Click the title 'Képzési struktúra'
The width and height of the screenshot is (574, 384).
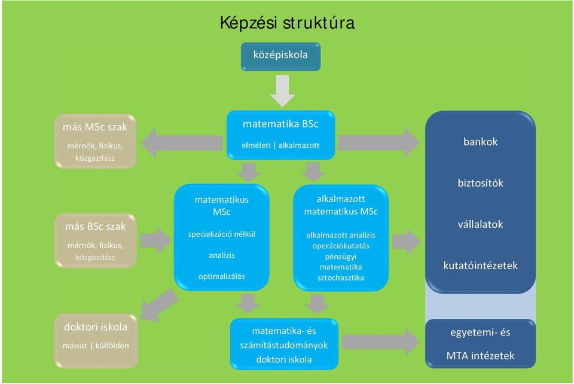(288, 23)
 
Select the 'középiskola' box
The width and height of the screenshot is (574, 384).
(281, 56)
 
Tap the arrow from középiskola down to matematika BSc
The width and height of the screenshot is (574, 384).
(282, 91)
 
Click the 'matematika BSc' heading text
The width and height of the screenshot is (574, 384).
(280, 124)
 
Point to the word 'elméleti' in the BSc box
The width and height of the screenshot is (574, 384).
(256, 145)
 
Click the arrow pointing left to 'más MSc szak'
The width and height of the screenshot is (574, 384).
(182, 143)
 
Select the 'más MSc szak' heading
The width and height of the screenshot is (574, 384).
(95, 127)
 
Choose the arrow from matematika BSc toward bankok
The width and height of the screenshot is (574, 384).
(378, 142)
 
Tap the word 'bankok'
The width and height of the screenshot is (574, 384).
(480, 142)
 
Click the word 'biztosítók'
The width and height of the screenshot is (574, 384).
(480, 183)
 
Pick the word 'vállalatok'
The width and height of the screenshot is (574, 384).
(480, 224)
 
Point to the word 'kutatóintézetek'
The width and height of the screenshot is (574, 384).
(480, 266)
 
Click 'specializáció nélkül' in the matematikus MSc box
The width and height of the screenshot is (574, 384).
(222, 234)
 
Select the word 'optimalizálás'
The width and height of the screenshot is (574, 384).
(222, 276)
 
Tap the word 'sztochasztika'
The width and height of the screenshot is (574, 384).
(341, 278)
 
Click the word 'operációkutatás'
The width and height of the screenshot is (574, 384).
(341, 246)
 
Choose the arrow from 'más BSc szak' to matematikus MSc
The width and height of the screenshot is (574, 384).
(155, 240)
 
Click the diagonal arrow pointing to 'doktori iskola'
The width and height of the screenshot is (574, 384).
(160, 304)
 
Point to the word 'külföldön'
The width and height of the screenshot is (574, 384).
(112, 346)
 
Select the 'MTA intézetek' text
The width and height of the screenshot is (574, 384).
(480, 355)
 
